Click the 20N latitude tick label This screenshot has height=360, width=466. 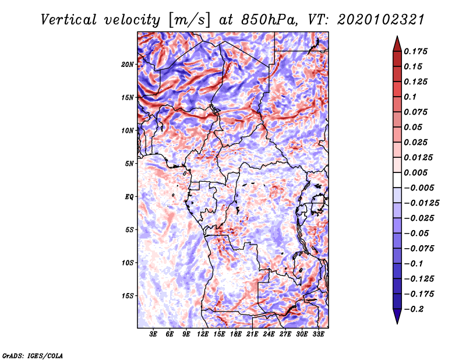128,64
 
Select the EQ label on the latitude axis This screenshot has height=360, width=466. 129,196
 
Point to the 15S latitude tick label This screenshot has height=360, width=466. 128,295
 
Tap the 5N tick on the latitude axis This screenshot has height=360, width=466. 129,164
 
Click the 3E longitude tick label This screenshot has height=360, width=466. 154,334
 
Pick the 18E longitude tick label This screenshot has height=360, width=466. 236,334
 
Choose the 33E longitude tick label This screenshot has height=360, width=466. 318,334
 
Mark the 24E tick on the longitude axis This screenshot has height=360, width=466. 269,334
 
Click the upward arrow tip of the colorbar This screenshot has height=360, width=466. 396,38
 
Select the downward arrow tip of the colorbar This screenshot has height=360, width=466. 396,322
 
